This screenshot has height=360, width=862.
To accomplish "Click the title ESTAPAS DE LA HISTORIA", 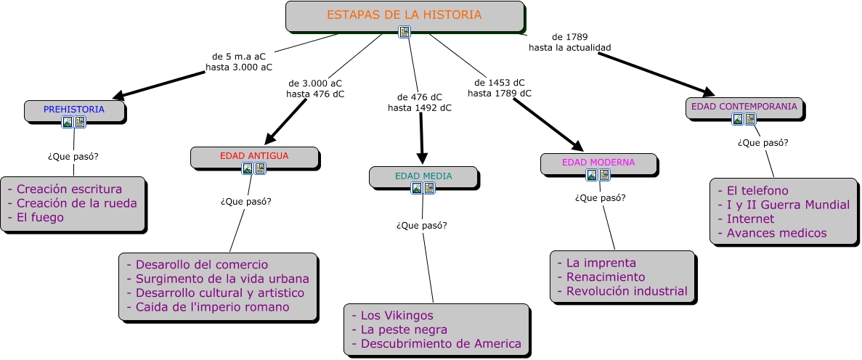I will coord(404,15).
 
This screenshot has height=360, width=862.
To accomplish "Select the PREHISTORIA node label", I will coord(74,109).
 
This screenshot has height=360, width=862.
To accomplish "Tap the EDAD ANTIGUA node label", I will coord(254,155).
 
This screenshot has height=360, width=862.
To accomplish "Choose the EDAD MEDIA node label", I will coord(423,176).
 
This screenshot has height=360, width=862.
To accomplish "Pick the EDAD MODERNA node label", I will coord(598,162).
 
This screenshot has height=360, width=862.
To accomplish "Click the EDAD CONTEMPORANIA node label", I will coord(744,106).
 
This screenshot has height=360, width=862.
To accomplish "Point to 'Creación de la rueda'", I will coord(76,203).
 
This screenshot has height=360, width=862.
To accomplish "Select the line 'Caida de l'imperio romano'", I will coord(212,307).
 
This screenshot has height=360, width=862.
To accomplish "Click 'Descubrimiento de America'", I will coord(441,343).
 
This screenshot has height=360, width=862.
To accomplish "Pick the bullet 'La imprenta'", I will coord(601,263).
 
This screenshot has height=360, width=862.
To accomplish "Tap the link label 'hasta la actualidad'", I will coord(570,47).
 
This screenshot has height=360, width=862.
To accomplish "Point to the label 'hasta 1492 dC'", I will coord(420,107).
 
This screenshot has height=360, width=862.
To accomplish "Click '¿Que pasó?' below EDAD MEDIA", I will coord(422,225).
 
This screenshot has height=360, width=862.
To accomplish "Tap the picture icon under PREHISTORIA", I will coord(68,122).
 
